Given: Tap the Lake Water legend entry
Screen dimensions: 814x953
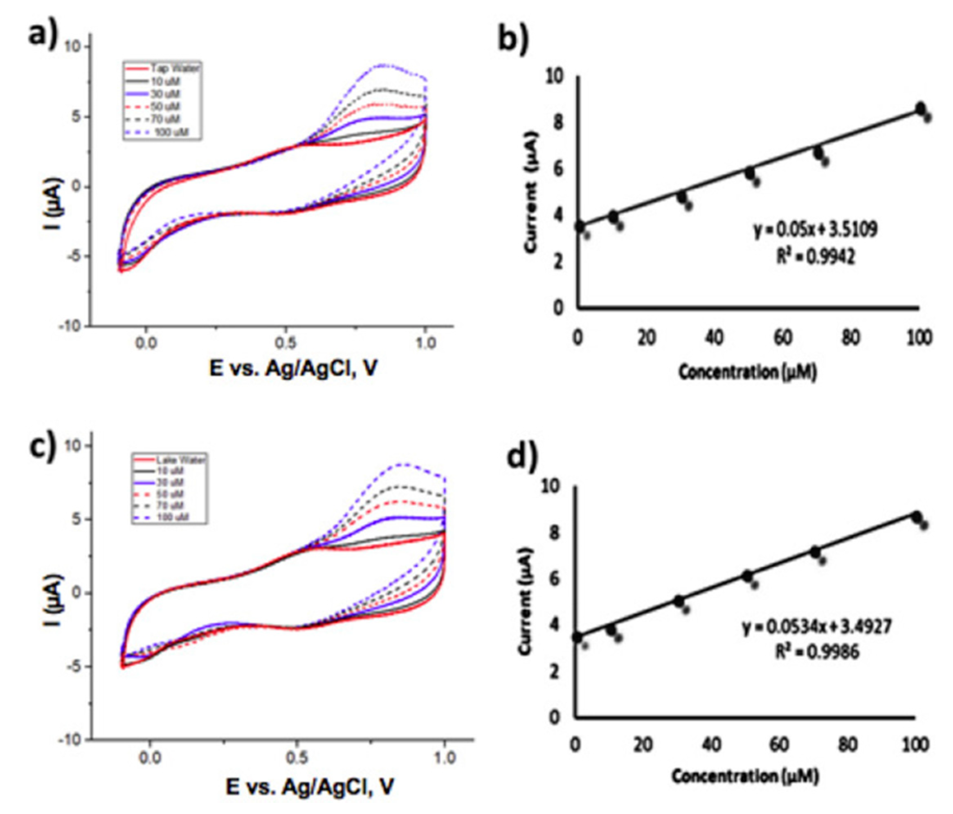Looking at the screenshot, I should [169, 460].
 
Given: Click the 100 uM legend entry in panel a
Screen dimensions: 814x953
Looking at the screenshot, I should [162, 133].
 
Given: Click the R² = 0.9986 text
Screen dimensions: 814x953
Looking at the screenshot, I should [817, 652].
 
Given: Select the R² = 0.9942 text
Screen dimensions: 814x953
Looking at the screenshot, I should [815, 256].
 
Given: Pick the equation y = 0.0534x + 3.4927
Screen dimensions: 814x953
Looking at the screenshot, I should [817, 626].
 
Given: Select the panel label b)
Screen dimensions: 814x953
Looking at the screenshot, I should [513, 41].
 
